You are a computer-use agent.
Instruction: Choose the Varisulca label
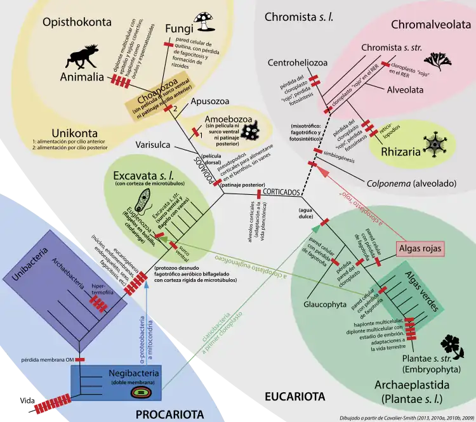point(154,145)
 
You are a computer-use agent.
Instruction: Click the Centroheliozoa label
point(296,62)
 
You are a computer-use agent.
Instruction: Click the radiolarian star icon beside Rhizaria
point(436,145)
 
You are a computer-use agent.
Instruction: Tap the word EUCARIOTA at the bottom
point(294,397)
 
